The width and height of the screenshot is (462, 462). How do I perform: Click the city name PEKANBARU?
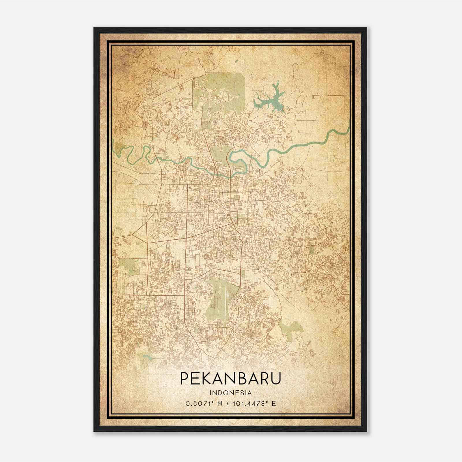(x=230, y=379)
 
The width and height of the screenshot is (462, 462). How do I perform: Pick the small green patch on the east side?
(x=311, y=250)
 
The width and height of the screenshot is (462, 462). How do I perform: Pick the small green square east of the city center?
(x=237, y=198)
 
